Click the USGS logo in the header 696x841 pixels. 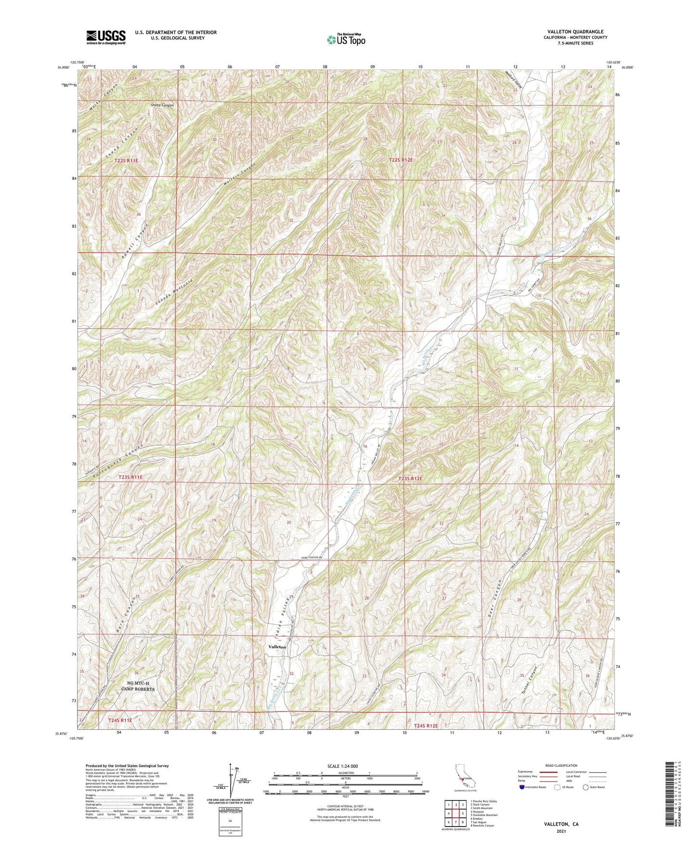105,37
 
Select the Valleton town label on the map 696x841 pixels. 277,647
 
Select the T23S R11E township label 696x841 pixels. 131,477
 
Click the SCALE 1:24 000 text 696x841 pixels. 343,766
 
